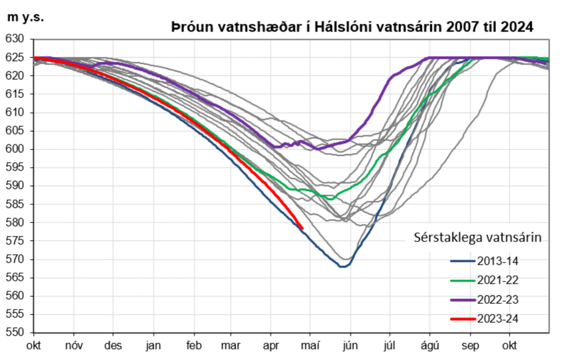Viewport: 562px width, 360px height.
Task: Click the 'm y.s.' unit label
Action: (25, 17)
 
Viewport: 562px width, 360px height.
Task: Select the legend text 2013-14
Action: (497, 261)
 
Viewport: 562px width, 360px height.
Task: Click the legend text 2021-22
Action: (497, 280)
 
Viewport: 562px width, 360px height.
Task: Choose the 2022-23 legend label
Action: (497, 299)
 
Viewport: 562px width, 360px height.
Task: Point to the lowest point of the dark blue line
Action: (342, 266)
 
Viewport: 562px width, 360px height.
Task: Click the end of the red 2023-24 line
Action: (302, 229)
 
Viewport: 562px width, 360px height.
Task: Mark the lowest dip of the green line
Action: (330, 199)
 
